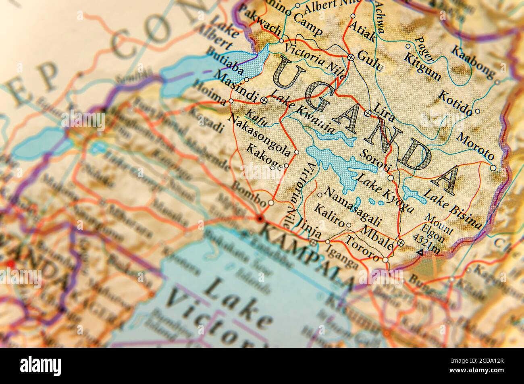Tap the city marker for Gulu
coord(351,57)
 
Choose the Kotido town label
coord(454,103)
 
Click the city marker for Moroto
coord(494,168)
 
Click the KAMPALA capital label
coord(307,255)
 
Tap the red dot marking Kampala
coord(259,218)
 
